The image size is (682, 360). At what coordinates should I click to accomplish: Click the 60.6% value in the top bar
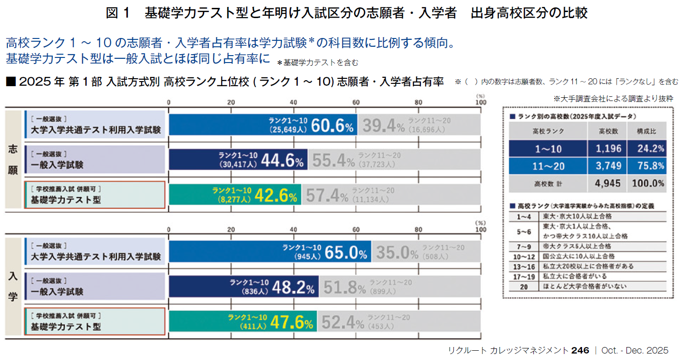point(332,125)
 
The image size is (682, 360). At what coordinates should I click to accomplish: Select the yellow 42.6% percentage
point(276,196)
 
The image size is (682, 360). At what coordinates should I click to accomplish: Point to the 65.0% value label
point(346,253)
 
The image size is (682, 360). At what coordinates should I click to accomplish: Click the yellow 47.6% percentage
point(291,322)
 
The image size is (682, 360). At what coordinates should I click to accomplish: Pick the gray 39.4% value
point(383,125)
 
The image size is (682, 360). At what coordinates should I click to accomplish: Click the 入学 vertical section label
point(13,287)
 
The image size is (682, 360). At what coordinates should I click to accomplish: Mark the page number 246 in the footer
point(580,351)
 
